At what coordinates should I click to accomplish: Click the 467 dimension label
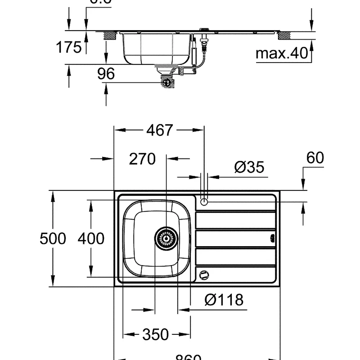click(x=159, y=130)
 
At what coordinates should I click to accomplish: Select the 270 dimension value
click(x=142, y=159)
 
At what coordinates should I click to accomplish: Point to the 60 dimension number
click(x=315, y=158)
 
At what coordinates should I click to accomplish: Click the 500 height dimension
click(x=53, y=238)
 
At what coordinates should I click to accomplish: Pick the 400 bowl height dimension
click(x=91, y=238)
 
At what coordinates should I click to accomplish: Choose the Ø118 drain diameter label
click(x=224, y=300)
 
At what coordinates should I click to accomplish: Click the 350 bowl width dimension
click(x=155, y=335)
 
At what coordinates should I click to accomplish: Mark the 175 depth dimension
click(x=68, y=47)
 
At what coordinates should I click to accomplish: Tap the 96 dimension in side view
click(x=106, y=73)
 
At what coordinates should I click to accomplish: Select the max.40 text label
click(x=282, y=54)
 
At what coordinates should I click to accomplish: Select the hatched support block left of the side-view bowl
click(x=108, y=35)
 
